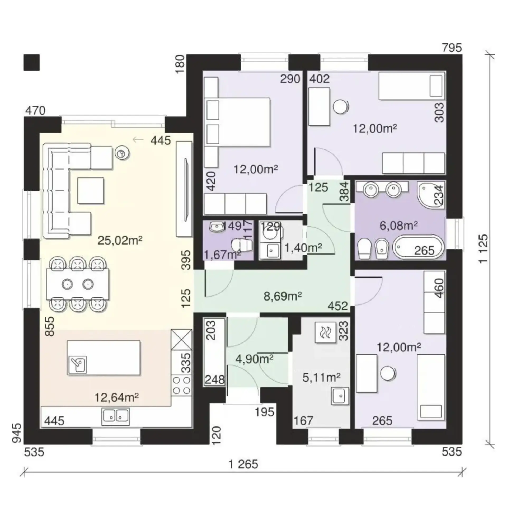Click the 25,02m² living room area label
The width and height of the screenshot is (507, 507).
pyautogui.click(x=120, y=241)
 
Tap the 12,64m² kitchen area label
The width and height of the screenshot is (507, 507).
pyautogui.click(x=117, y=397)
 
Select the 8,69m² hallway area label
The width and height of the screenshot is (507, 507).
pyautogui.click(x=283, y=296)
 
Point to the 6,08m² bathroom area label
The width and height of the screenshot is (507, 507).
pyautogui.click(x=399, y=226)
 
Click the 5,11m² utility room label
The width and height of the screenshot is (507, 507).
pyautogui.click(x=321, y=378)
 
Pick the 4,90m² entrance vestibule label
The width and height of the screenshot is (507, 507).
pyautogui.click(x=254, y=359)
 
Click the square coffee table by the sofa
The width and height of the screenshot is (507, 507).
pyautogui.click(x=91, y=191)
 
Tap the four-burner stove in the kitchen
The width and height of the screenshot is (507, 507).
pyautogui.click(x=181, y=385)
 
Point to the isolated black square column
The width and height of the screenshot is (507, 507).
pyautogui.click(x=31, y=63)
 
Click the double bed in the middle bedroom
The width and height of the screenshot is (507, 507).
pyautogui.click(x=238, y=123)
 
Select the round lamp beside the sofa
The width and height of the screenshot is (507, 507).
pyautogui.click(x=122, y=153)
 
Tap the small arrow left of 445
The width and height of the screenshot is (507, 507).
pyautogui.click(x=138, y=140)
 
